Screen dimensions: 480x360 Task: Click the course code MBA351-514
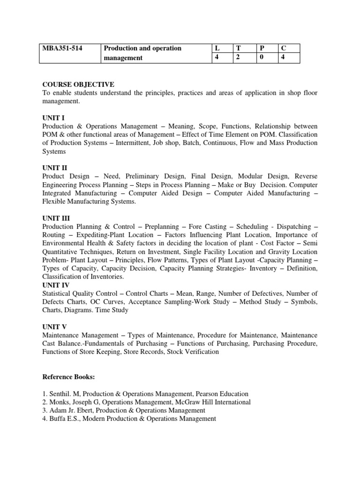pos(62,49)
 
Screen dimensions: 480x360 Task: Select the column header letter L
pos(217,49)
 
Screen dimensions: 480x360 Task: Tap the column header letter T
pos(238,49)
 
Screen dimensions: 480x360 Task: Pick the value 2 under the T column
pos(238,58)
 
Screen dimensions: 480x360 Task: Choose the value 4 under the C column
pos(282,58)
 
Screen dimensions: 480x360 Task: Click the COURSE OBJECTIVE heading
pos(78,84)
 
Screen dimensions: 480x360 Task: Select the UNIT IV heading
pos(56,285)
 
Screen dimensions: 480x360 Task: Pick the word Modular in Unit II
pos(251,176)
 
